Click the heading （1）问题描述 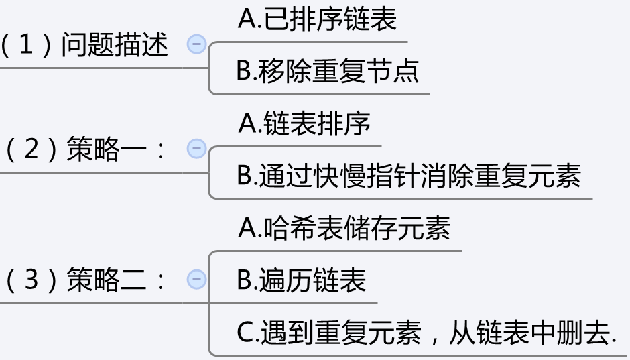coord(84,45)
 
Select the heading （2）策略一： coord(84,150)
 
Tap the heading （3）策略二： coord(84,280)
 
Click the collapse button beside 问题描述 coord(196,44)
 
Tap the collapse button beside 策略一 coord(196,149)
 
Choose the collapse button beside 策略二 coord(196,279)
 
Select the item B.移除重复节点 coord(328,70)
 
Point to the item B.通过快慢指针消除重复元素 coord(409,176)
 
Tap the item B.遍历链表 coord(302,280)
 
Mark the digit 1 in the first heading coord(26,45)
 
